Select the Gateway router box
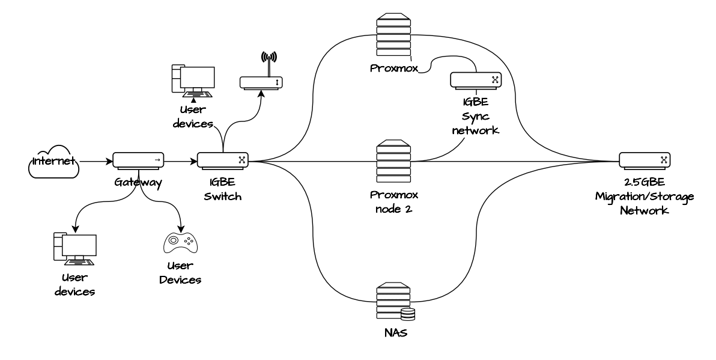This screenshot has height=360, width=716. coord(138,160)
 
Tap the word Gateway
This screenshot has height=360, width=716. coord(138,182)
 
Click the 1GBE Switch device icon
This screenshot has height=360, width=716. coord(223,160)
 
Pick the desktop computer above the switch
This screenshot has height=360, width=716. coord(193,82)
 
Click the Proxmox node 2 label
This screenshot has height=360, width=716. coord(393,201)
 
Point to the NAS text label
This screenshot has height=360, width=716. coord(394,332)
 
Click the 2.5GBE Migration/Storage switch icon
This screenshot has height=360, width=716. coord(645,160)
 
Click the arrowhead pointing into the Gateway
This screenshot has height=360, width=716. coord(110,161)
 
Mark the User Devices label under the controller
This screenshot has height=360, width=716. coord(181,273)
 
